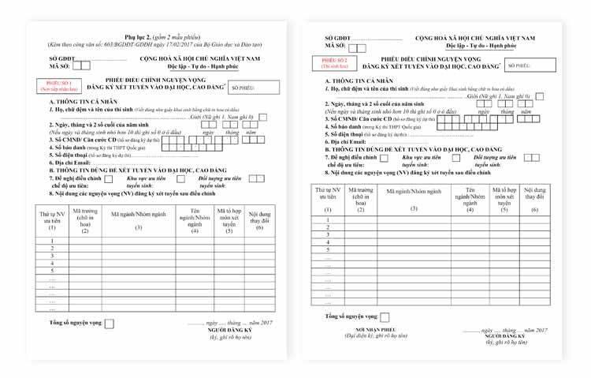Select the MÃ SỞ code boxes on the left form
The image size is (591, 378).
80,66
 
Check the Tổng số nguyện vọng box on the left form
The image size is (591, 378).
110,324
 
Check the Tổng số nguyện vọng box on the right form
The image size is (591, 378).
385,317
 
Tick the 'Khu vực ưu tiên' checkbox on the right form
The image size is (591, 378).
455,157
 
